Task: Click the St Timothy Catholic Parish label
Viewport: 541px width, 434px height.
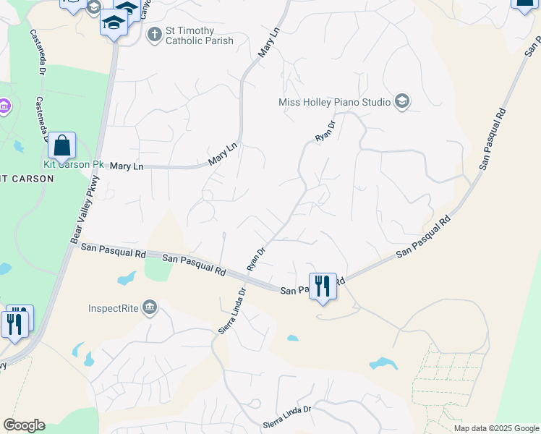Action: [200, 35]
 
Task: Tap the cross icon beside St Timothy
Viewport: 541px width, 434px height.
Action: [154, 34]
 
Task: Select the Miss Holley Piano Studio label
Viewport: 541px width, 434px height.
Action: [334, 102]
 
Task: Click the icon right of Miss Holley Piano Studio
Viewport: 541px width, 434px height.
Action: [402, 102]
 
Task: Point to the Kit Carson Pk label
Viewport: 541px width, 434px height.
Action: [73, 164]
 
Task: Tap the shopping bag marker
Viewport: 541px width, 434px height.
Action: [62, 146]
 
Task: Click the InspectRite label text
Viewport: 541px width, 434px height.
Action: [113, 308]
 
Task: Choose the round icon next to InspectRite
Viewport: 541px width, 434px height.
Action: [150, 308]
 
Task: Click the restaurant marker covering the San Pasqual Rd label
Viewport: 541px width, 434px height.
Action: [323, 287]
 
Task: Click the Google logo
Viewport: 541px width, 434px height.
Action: [24, 425]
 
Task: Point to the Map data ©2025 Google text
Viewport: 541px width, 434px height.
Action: [497, 428]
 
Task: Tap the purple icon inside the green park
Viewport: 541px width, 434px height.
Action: [4, 108]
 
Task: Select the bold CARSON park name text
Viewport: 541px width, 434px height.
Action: [26, 178]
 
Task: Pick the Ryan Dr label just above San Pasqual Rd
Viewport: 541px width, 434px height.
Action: [256, 258]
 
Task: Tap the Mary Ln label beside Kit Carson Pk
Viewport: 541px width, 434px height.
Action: [127, 166]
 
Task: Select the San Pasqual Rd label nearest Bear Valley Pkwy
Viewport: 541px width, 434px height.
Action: [114, 251]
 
